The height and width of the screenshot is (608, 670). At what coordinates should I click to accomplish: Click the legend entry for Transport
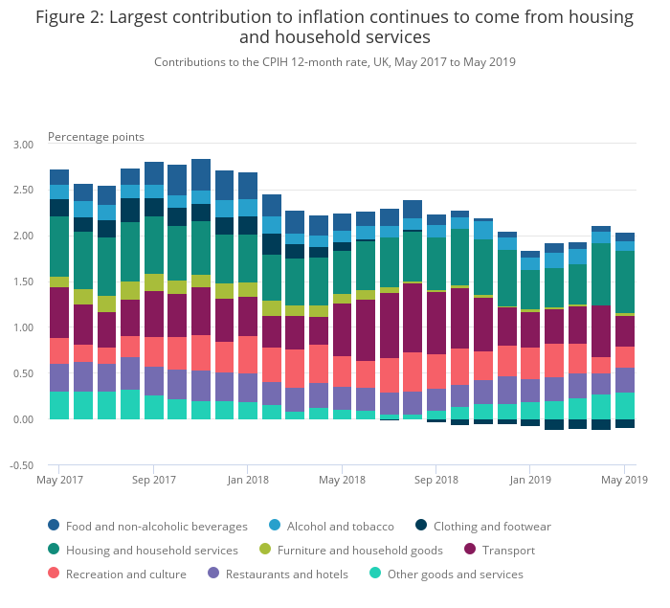coord(499,550)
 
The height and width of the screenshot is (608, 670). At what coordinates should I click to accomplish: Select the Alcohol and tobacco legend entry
coord(331,526)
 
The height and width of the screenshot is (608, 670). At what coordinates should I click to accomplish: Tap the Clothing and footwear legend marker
coord(421,526)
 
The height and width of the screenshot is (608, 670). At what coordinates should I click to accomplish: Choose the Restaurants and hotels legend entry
coord(278,574)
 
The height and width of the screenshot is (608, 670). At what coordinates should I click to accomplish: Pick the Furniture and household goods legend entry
coord(351,550)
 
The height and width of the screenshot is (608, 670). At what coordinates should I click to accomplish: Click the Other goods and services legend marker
coord(375,574)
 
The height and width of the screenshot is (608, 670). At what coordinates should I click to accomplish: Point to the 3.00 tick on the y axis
coord(23,145)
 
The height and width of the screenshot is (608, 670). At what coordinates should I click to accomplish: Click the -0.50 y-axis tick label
coord(21,465)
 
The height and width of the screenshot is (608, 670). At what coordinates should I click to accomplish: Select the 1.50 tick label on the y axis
coord(23,281)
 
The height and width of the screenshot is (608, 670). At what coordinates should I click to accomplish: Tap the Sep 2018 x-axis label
coord(435,480)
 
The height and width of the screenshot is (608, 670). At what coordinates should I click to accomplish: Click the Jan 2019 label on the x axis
coord(530,480)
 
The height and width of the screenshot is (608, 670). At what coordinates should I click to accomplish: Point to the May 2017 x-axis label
coord(59,480)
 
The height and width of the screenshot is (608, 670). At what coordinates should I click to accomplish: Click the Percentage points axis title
coord(96,137)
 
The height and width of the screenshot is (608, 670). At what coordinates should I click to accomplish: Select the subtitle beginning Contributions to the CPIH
coord(335,62)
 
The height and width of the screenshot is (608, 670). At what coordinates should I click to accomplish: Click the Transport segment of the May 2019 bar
coord(625,331)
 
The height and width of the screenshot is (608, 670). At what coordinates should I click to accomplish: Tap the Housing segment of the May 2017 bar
coord(59,246)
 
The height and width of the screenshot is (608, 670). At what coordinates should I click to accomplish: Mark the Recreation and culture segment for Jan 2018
coord(248,355)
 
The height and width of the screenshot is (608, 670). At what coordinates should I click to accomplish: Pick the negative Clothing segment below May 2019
coord(625,423)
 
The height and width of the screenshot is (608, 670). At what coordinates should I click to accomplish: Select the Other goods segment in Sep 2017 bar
coord(154,407)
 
